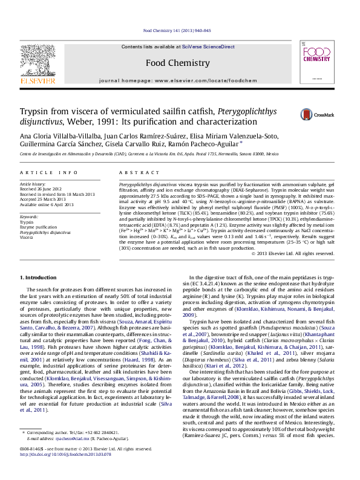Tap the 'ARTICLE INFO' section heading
(x=49, y=173)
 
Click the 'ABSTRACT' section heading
(x=134, y=173)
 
